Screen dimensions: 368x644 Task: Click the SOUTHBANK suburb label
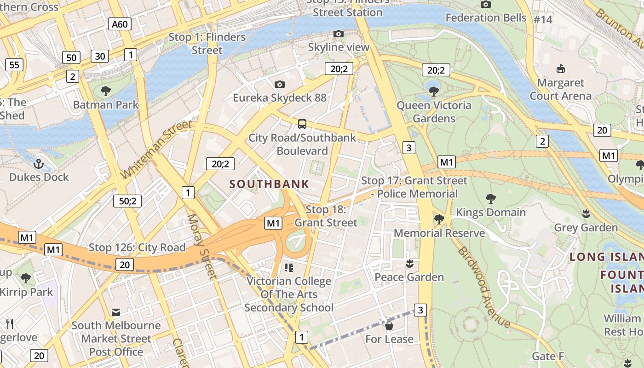tap(269, 184)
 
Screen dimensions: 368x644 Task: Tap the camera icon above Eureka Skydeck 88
tap(279, 84)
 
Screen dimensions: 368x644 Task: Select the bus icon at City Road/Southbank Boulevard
tap(302, 124)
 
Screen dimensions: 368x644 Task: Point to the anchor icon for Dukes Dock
tap(39, 163)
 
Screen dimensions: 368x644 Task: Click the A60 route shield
tap(120, 24)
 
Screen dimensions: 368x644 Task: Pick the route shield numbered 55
tap(14, 65)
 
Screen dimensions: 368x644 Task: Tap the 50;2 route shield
tap(127, 201)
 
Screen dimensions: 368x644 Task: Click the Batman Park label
tap(106, 104)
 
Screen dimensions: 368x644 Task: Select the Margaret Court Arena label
tap(561, 89)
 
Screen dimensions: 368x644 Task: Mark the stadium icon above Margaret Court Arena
tap(560, 69)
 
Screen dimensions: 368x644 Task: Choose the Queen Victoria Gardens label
tap(434, 112)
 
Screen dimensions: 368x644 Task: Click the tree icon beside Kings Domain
tap(491, 199)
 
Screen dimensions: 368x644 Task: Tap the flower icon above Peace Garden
tap(408, 264)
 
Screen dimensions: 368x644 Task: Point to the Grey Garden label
tap(586, 228)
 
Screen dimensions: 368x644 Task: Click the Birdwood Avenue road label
tap(484, 287)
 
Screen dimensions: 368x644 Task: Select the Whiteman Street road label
tap(156, 149)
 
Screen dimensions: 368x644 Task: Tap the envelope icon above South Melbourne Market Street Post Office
tap(116, 312)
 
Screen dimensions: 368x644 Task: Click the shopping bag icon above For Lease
tap(389, 326)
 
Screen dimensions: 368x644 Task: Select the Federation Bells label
tap(486, 17)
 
